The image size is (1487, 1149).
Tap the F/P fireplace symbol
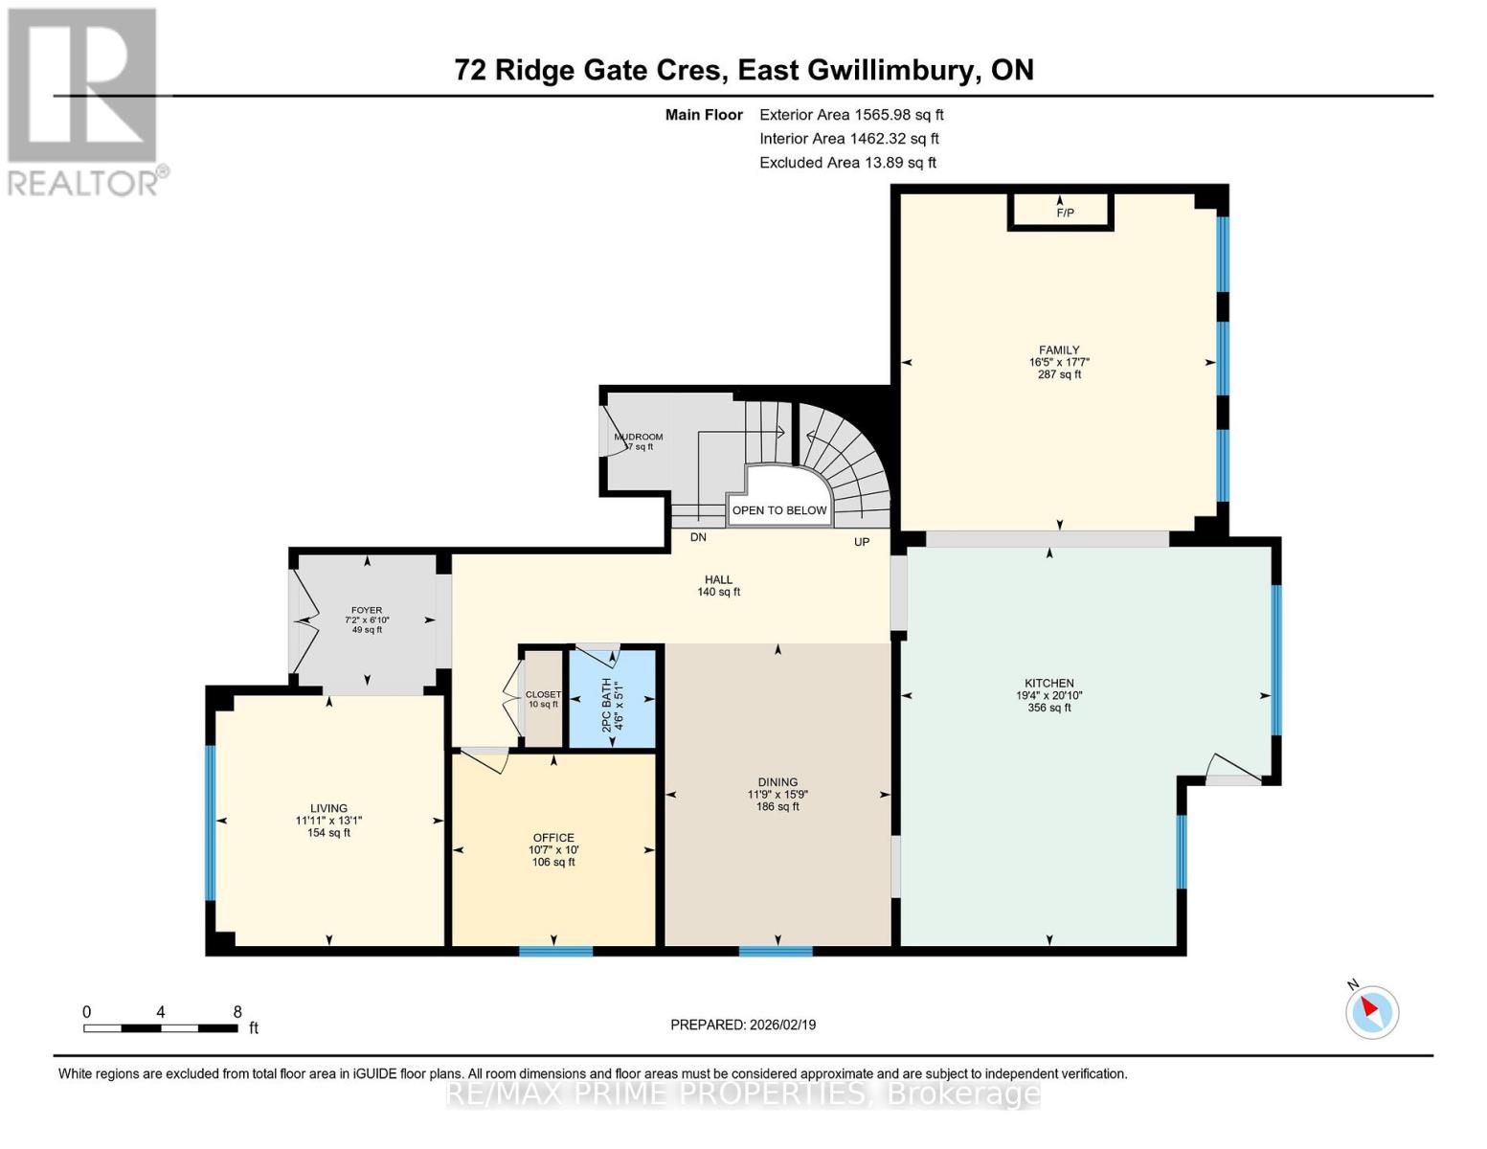(x=1061, y=211)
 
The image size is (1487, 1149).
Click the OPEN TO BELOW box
(x=779, y=510)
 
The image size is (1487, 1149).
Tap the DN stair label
(x=698, y=537)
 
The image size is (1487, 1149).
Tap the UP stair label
(x=862, y=542)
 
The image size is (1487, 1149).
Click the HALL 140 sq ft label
(x=718, y=585)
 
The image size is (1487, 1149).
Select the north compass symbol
(x=1372, y=1010)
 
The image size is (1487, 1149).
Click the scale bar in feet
(x=161, y=1027)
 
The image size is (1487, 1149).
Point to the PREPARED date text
(x=743, y=1025)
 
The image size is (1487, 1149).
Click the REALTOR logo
(x=84, y=101)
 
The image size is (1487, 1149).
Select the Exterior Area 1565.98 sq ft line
(x=851, y=114)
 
